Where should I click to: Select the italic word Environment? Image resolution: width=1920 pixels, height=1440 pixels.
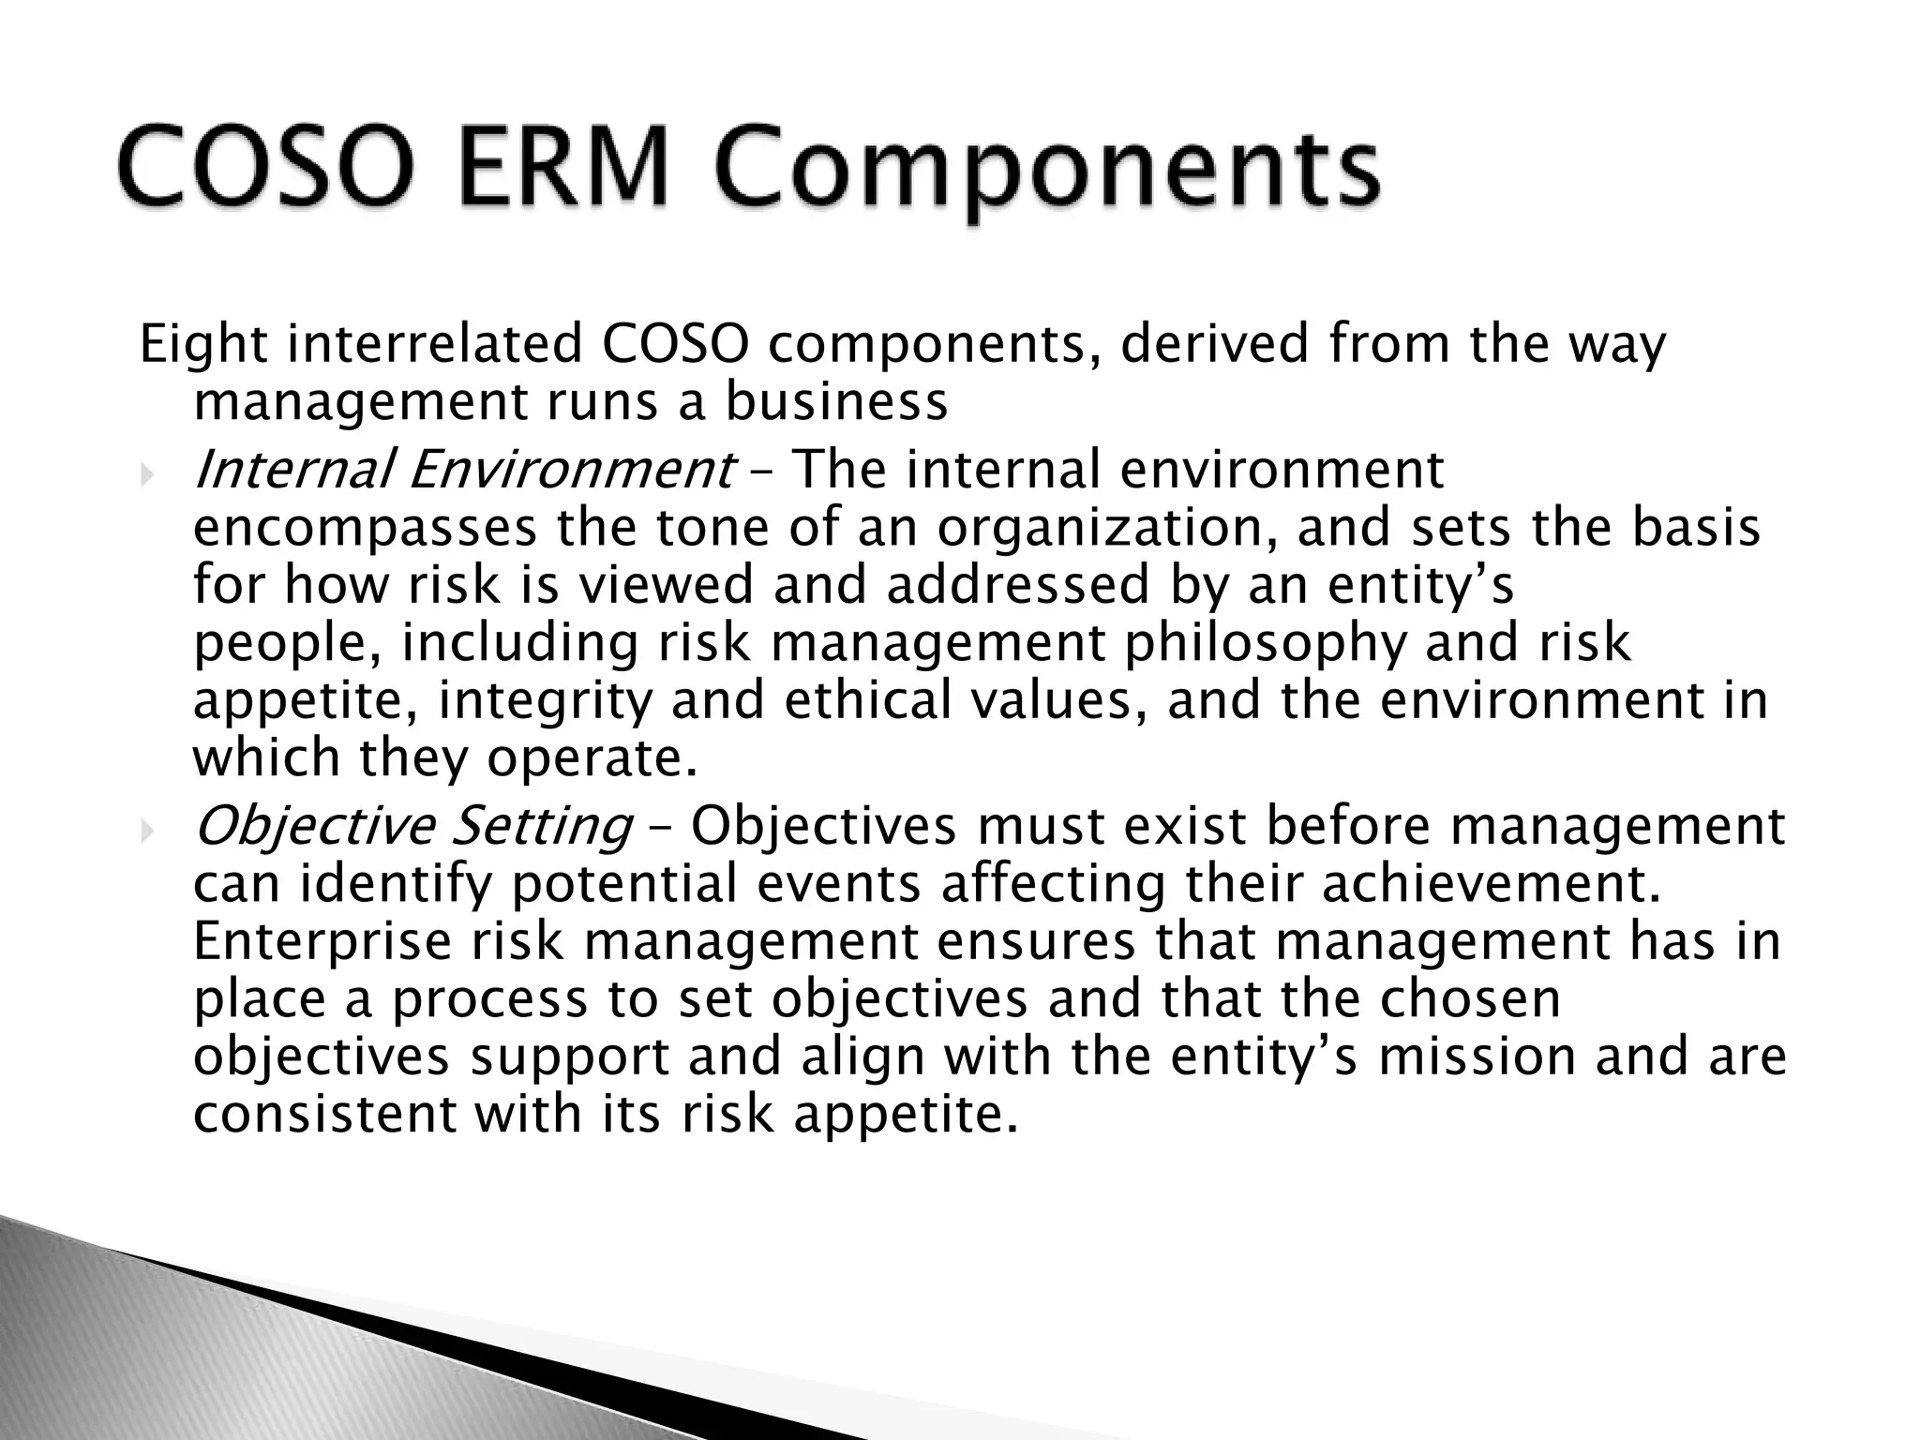tap(570, 471)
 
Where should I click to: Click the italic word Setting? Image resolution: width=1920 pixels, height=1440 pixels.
tap(542, 827)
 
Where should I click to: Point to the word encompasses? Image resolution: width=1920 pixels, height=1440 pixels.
tap(365, 531)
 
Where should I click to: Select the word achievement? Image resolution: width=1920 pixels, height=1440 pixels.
tap(1491, 886)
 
